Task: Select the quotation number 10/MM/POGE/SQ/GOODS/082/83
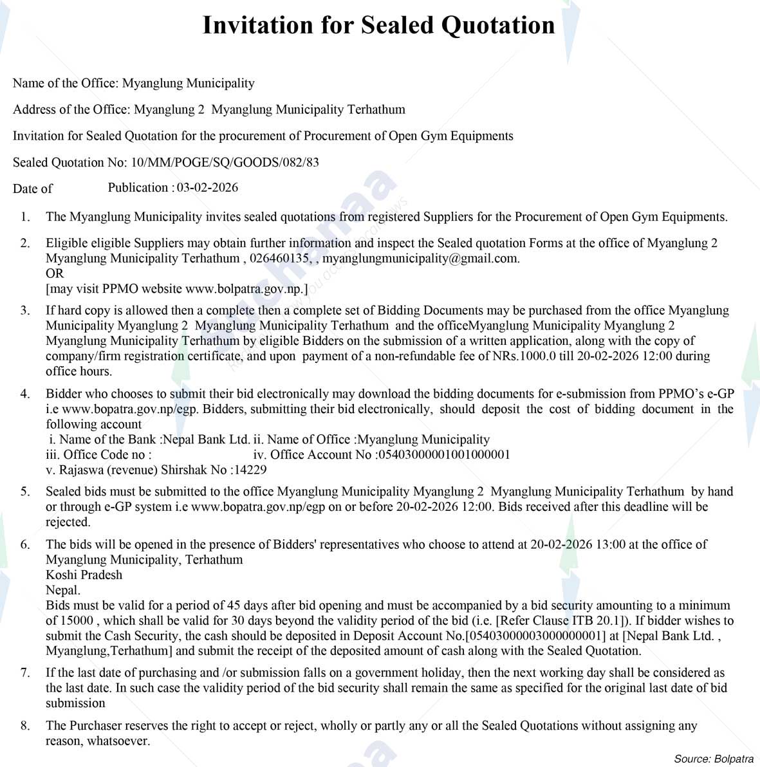(225, 162)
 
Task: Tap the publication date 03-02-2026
(207, 187)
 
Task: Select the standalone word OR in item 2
(55, 273)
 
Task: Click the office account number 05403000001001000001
(445, 454)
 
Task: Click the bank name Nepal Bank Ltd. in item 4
(207, 439)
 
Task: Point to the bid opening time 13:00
(610, 544)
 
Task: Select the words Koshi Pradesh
(84, 575)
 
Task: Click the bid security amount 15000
(77, 621)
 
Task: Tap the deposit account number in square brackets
(535, 636)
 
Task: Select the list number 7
(25, 672)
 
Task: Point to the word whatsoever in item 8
(118, 741)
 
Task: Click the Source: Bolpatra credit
(713, 759)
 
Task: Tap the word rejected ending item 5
(68, 522)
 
